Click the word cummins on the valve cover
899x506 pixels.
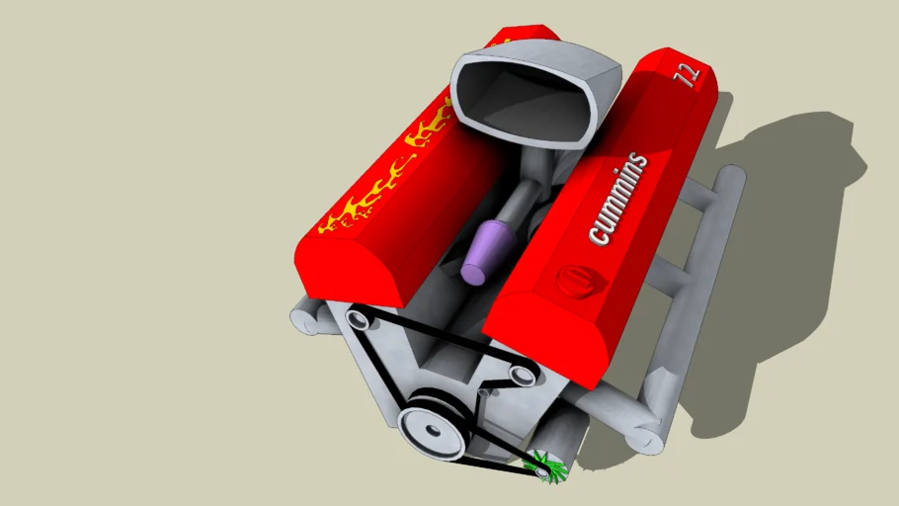point(618,200)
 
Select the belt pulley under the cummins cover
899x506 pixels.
point(521,373)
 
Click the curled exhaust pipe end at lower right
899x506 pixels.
point(647,436)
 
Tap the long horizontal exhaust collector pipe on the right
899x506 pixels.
point(708,287)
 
